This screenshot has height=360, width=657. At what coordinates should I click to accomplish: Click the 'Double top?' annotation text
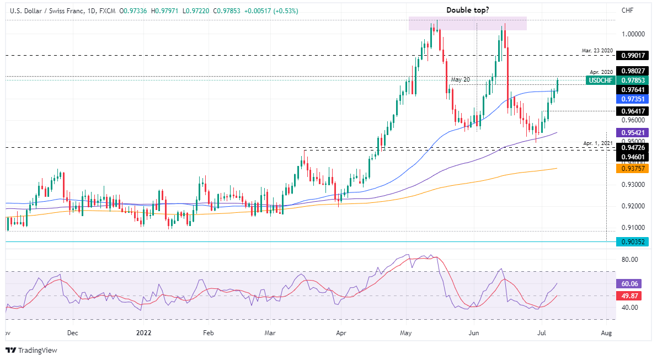coord(467,10)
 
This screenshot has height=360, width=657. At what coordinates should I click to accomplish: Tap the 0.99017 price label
coord(634,56)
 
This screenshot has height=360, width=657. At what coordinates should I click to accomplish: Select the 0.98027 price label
coord(634,71)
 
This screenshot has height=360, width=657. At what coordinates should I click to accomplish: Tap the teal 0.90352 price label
coord(634,241)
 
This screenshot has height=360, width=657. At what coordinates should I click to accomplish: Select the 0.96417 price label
coord(634,111)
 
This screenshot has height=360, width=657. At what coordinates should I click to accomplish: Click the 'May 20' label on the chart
coord(460,79)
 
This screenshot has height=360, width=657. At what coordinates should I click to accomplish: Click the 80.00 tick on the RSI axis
coord(630,259)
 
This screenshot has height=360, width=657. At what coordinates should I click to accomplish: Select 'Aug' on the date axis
coord(606,333)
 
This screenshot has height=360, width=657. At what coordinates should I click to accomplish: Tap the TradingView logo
coord(32,350)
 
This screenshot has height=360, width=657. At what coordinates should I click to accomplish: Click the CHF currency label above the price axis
coord(627,10)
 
